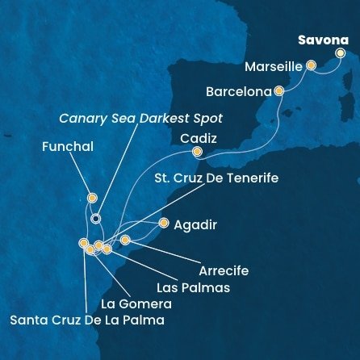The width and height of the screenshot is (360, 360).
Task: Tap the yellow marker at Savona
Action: pos(340,54)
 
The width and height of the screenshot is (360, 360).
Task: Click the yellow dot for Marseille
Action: pos(310,69)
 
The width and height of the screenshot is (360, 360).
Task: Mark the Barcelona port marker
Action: pos(279,91)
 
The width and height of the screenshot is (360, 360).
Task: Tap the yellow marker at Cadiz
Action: pos(197,151)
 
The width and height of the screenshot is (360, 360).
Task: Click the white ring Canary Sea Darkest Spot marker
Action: pos(96,218)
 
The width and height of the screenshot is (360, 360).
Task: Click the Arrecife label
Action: pos(224,270)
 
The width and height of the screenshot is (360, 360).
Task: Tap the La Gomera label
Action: pos(136,304)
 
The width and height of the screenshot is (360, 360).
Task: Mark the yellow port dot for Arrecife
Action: pos(125,240)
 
